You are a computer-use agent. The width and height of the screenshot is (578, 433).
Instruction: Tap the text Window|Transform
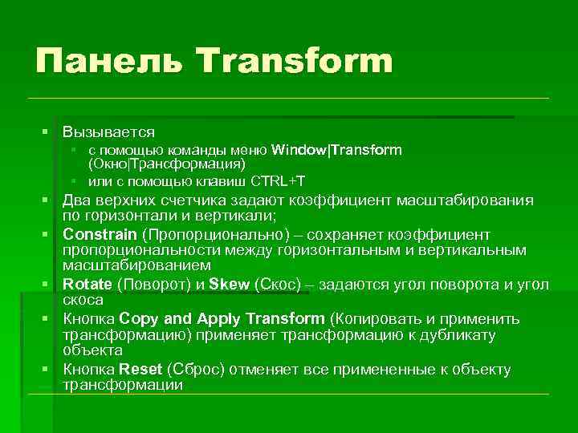tap(337, 150)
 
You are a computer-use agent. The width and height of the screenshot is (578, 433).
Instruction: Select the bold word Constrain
tap(100, 235)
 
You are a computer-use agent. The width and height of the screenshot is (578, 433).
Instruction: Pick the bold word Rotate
tap(88, 284)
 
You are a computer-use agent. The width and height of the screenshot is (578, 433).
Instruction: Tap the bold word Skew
tap(229, 284)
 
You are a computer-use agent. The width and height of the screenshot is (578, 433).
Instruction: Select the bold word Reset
tap(140, 370)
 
